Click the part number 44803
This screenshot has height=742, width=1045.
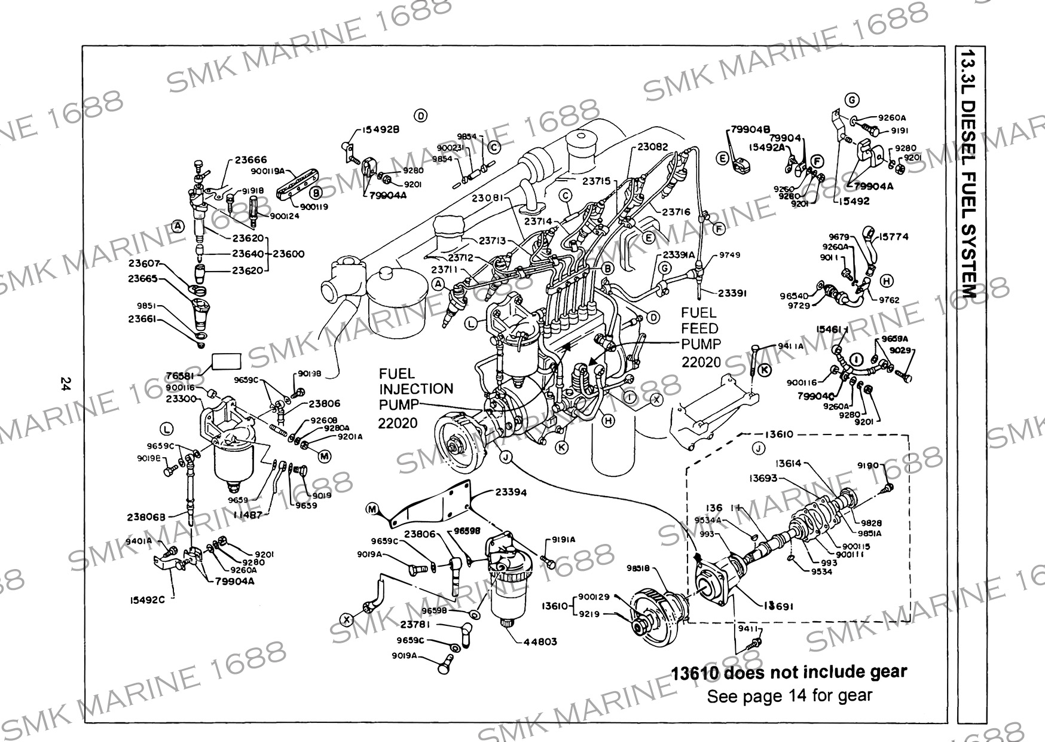[540, 641]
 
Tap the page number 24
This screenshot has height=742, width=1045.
[66, 383]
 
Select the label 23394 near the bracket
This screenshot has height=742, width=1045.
[511, 492]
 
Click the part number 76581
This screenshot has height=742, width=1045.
[181, 376]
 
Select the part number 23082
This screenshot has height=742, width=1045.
[653, 146]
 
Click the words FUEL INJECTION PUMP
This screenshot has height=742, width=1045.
[415, 389]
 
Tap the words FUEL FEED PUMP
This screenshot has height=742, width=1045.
[701, 329]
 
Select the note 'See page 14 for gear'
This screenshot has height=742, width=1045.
[789, 696]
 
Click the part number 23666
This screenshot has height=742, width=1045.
[250, 160]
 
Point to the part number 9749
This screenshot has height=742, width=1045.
[729, 255]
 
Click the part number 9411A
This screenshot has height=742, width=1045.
[791, 346]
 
